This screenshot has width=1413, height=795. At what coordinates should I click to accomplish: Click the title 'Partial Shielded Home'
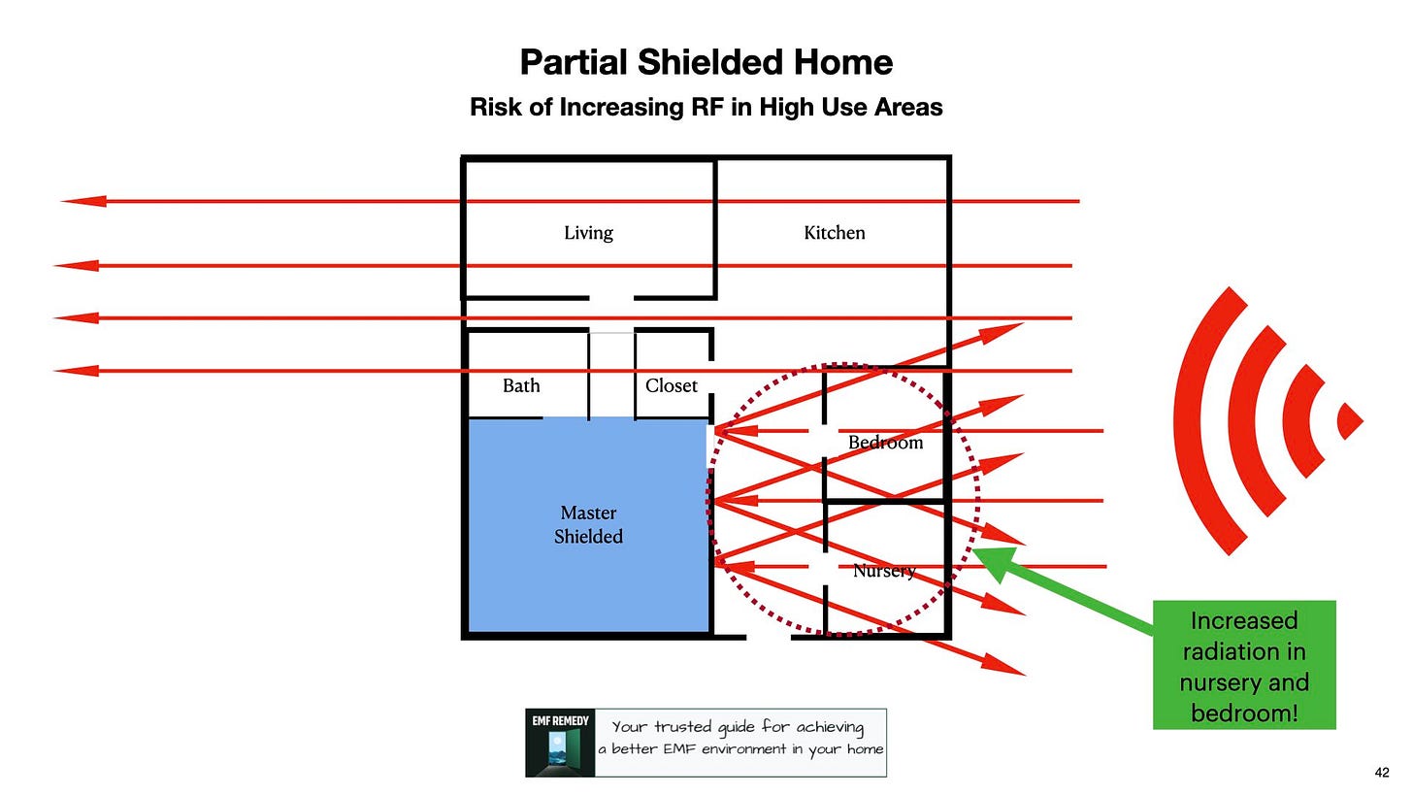coord(706,63)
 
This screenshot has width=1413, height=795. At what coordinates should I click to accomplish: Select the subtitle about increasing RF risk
coord(706,107)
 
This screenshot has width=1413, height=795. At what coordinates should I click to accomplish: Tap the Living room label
coord(588,233)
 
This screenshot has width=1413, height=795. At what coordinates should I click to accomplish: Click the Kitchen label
coord(834,233)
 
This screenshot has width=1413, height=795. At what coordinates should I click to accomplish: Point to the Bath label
coord(521,386)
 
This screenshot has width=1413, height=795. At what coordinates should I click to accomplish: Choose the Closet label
coord(671,386)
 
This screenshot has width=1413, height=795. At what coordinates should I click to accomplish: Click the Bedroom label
coord(885,443)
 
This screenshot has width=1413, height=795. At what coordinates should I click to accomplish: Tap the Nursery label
coord(883,571)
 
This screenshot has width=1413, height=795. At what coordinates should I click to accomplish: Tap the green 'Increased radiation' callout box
coord(1243,666)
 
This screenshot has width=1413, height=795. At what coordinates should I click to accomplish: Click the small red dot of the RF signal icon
coord(1349,421)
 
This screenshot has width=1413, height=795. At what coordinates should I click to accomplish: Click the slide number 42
coord(1382,773)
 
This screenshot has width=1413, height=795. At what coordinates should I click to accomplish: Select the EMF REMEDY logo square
coord(559,743)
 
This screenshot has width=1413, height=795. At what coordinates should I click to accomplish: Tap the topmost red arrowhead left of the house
coord(83,201)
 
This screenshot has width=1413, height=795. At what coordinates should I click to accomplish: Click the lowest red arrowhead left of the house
coord(76,371)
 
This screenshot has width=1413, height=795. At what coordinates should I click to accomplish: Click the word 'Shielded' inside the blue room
coord(588,537)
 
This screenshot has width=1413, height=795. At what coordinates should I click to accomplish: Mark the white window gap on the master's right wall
coord(708,448)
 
